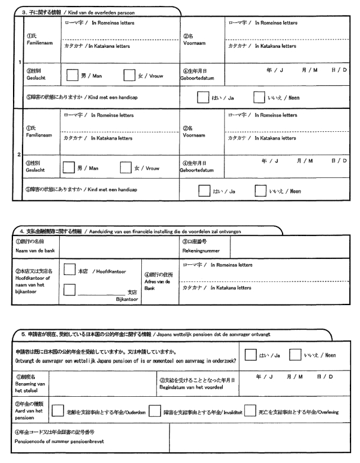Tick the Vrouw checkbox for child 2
coord(127,169)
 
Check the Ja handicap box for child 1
coord(203,98)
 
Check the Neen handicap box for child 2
coord(261,191)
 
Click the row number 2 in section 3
coord(20,155)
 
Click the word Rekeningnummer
coord(199,250)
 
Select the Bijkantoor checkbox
coord(69,290)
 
